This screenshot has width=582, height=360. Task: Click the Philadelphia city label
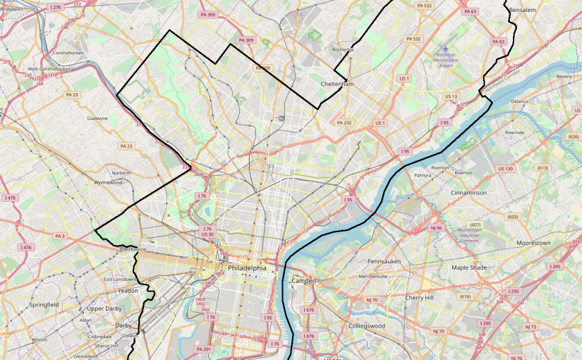pyautogui.click(x=247, y=268)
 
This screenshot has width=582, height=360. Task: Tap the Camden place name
pyautogui.click(x=303, y=281)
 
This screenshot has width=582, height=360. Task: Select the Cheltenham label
pyautogui.click(x=337, y=84)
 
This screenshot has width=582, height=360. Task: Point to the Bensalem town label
pyautogui.click(x=523, y=11)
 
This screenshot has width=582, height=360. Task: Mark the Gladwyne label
pyautogui.click(x=97, y=119)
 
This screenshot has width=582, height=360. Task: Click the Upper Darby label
pyautogui.click(x=105, y=309)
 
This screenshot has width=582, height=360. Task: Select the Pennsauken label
pyautogui.click(x=384, y=261)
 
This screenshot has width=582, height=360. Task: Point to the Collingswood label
pyautogui.click(x=366, y=326)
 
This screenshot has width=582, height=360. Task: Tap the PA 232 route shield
pyautogui.click(x=344, y=123)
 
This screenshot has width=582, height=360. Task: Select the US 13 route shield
pyautogui.click(x=451, y=96)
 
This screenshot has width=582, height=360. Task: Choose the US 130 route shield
pyautogui.click(x=505, y=169)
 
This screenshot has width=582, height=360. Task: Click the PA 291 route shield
pyautogui.click(x=203, y=349)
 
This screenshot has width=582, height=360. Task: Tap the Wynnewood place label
pyautogui.click(x=108, y=182)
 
